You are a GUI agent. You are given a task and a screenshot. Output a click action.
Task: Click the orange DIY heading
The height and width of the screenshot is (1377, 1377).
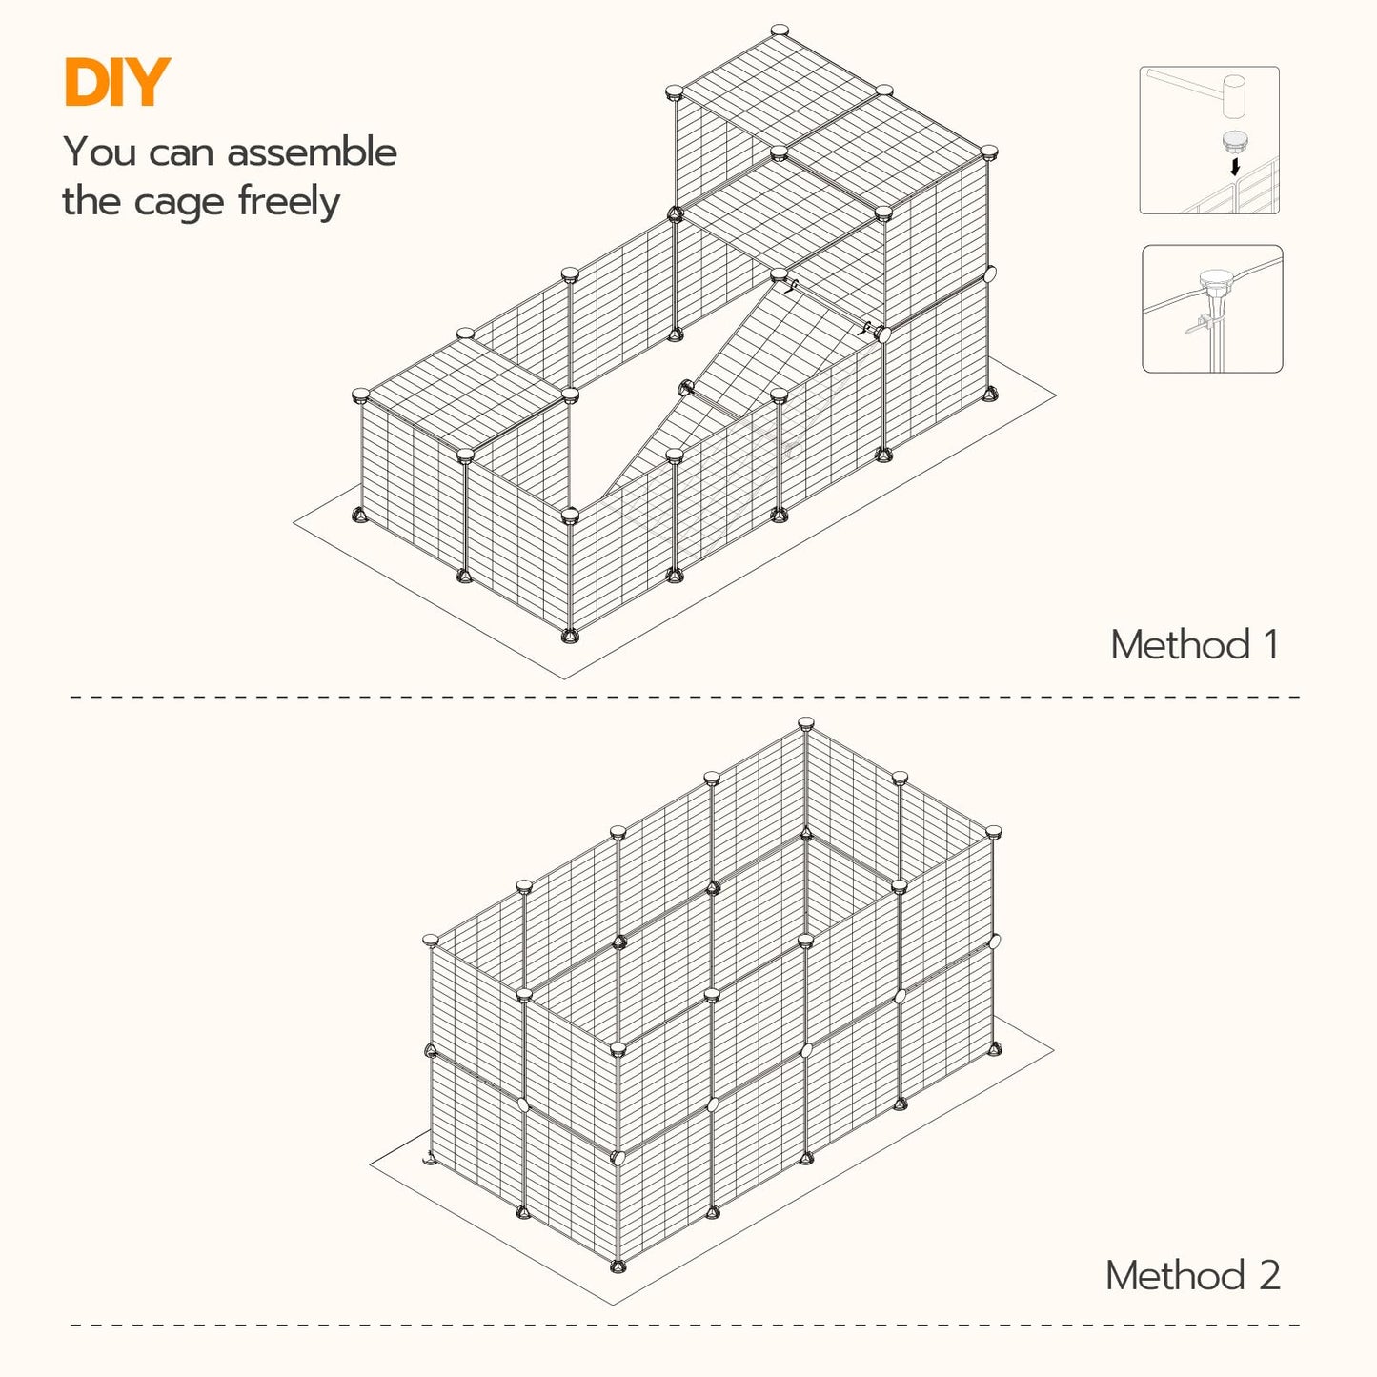pyautogui.click(x=116, y=83)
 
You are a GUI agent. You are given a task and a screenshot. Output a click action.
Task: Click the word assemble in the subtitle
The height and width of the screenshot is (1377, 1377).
pyautogui.click(x=312, y=152)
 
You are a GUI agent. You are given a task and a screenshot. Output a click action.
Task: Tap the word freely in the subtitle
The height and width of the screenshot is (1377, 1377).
pyautogui.click(x=289, y=203)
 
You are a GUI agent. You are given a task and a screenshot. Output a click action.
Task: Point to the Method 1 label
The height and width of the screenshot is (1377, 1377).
pyautogui.click(x=1194, y=645)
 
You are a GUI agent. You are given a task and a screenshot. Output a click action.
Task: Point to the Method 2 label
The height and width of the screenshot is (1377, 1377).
pyautogui.click(x=1192, y=1276)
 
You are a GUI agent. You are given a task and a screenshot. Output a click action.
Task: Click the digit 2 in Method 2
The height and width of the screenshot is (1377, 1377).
pyautogui.click(x=1268, y=1276)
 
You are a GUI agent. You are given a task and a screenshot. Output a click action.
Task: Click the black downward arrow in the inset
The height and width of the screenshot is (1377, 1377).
pyautogui.click(x=1235, y=167)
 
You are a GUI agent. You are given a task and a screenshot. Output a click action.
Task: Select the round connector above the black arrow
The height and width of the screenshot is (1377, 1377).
pyautogui.click(x=1235, y=142)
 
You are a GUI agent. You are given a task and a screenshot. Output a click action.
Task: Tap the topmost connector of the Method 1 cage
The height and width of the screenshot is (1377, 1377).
pyautogui.click(x=780, y=30)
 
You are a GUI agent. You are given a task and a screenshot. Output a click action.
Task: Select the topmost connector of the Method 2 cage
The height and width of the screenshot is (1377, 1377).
pyautogui.click(x=806, y=723)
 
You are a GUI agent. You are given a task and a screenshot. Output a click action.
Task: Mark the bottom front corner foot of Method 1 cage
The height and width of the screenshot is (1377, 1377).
pyautogui.click(x=570, y=635)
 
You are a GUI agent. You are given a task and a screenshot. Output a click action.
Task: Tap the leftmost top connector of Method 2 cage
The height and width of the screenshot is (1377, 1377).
pyautogui.click(x=431, y=941)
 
